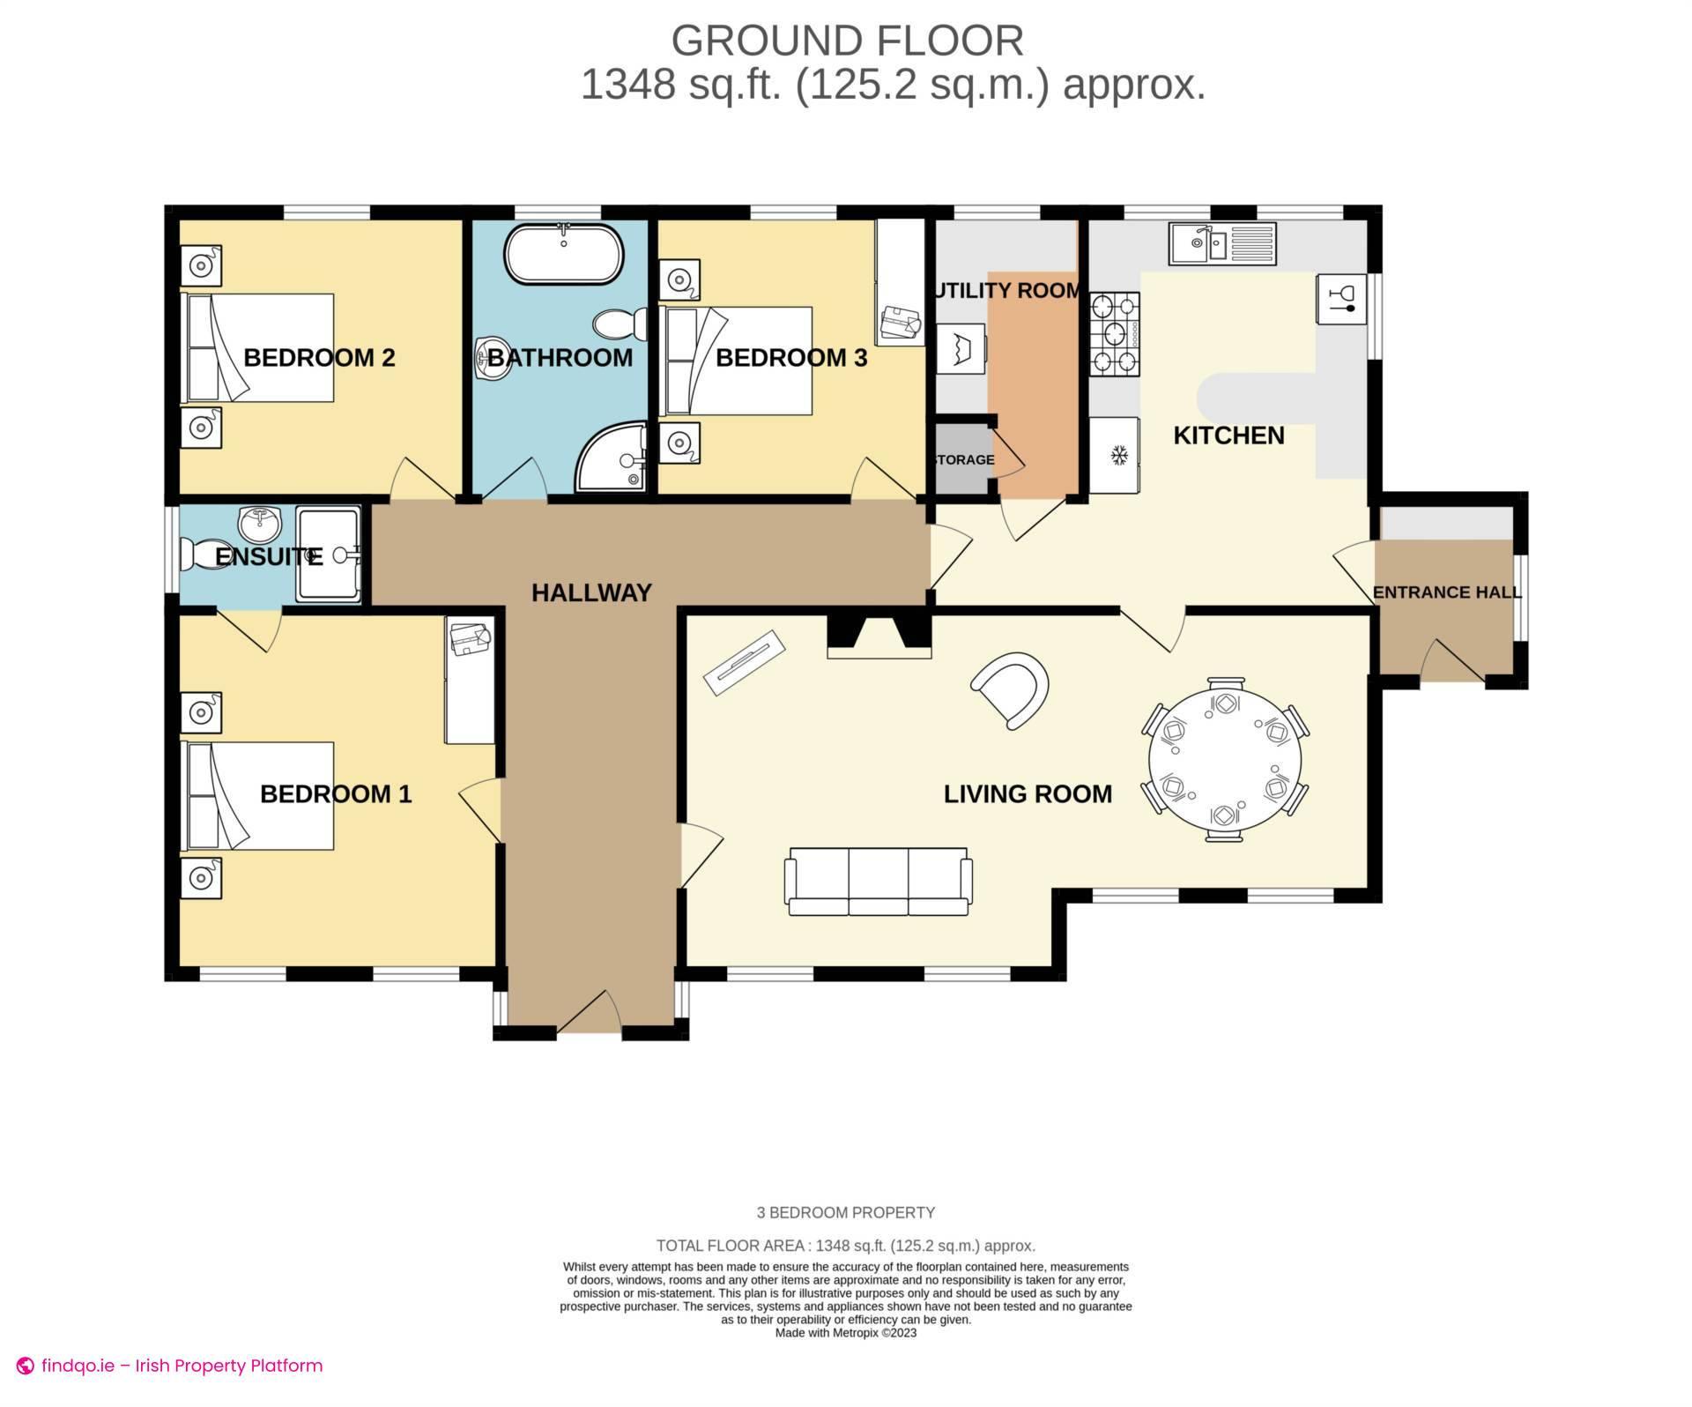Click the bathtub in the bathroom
tap(563, 253)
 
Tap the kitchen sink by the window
tap(1221, 243)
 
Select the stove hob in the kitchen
tap(1115, 334)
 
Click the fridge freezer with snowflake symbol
tap(1116, 455)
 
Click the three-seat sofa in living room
tap(879, 881)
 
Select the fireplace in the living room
tap(879, 637)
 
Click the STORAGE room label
tap(962, 459)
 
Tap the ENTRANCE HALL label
tap(1446, 592)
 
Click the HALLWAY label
tap(591, 592)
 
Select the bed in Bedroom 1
tap(257, 795)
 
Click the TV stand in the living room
tap(744, 662)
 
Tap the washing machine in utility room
tap(961, 350)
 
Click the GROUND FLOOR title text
tap(847, 41)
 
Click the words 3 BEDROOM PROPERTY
tap(845, 1212)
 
